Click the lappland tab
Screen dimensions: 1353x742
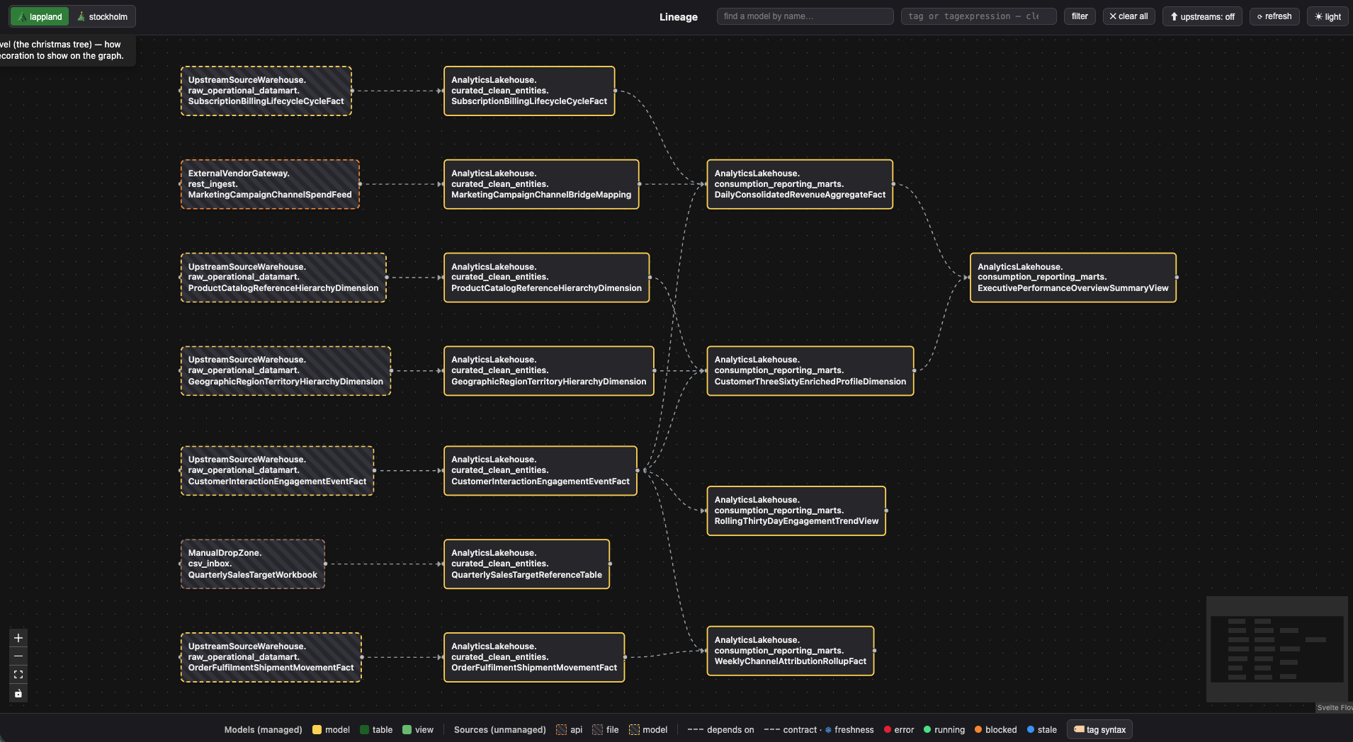pyautogui.click(x=40, y=16)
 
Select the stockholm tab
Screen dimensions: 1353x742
pyautogui.click(x=102, y=16)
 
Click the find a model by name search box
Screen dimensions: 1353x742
pyautogui.click(x=805, y=16)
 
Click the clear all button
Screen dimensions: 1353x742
pyautogui.click(x=1128, y=16)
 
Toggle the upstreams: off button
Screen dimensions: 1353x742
pyautogui.click(x=1201, y=16)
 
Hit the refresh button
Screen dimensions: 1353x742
pyautogui.click(x=1274, y=16)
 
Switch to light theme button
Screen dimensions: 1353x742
pyautogui.click(x=1327, y=16)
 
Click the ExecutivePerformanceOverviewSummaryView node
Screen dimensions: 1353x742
pyautogui.click(x=1072, y=278)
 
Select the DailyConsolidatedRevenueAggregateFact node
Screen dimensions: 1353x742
pyautogui.click(x=800, y=184)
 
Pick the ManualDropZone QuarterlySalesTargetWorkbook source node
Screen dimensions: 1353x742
pyautogui.click(x=252, y=564)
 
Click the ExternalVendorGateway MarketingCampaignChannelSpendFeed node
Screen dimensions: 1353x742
pyautogui.click(x=270, y=184)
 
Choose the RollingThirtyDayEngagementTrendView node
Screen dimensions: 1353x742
pyautogui.click(x=796, y=510)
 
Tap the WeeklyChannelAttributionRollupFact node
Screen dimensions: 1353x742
pyautogui.click(x=791, y=651)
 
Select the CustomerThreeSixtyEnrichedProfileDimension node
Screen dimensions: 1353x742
pyautogui.click(x=810, y=370)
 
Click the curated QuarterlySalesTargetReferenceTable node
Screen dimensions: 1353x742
pyautogui.click(x=526, y=564)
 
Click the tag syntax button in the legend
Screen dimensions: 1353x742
pyautogui.click(x=1099, y=729)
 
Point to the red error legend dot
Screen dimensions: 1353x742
pyautogui.click(x=888, y=729)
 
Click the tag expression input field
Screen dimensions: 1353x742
pyautogui.click(x=978, y=16)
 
